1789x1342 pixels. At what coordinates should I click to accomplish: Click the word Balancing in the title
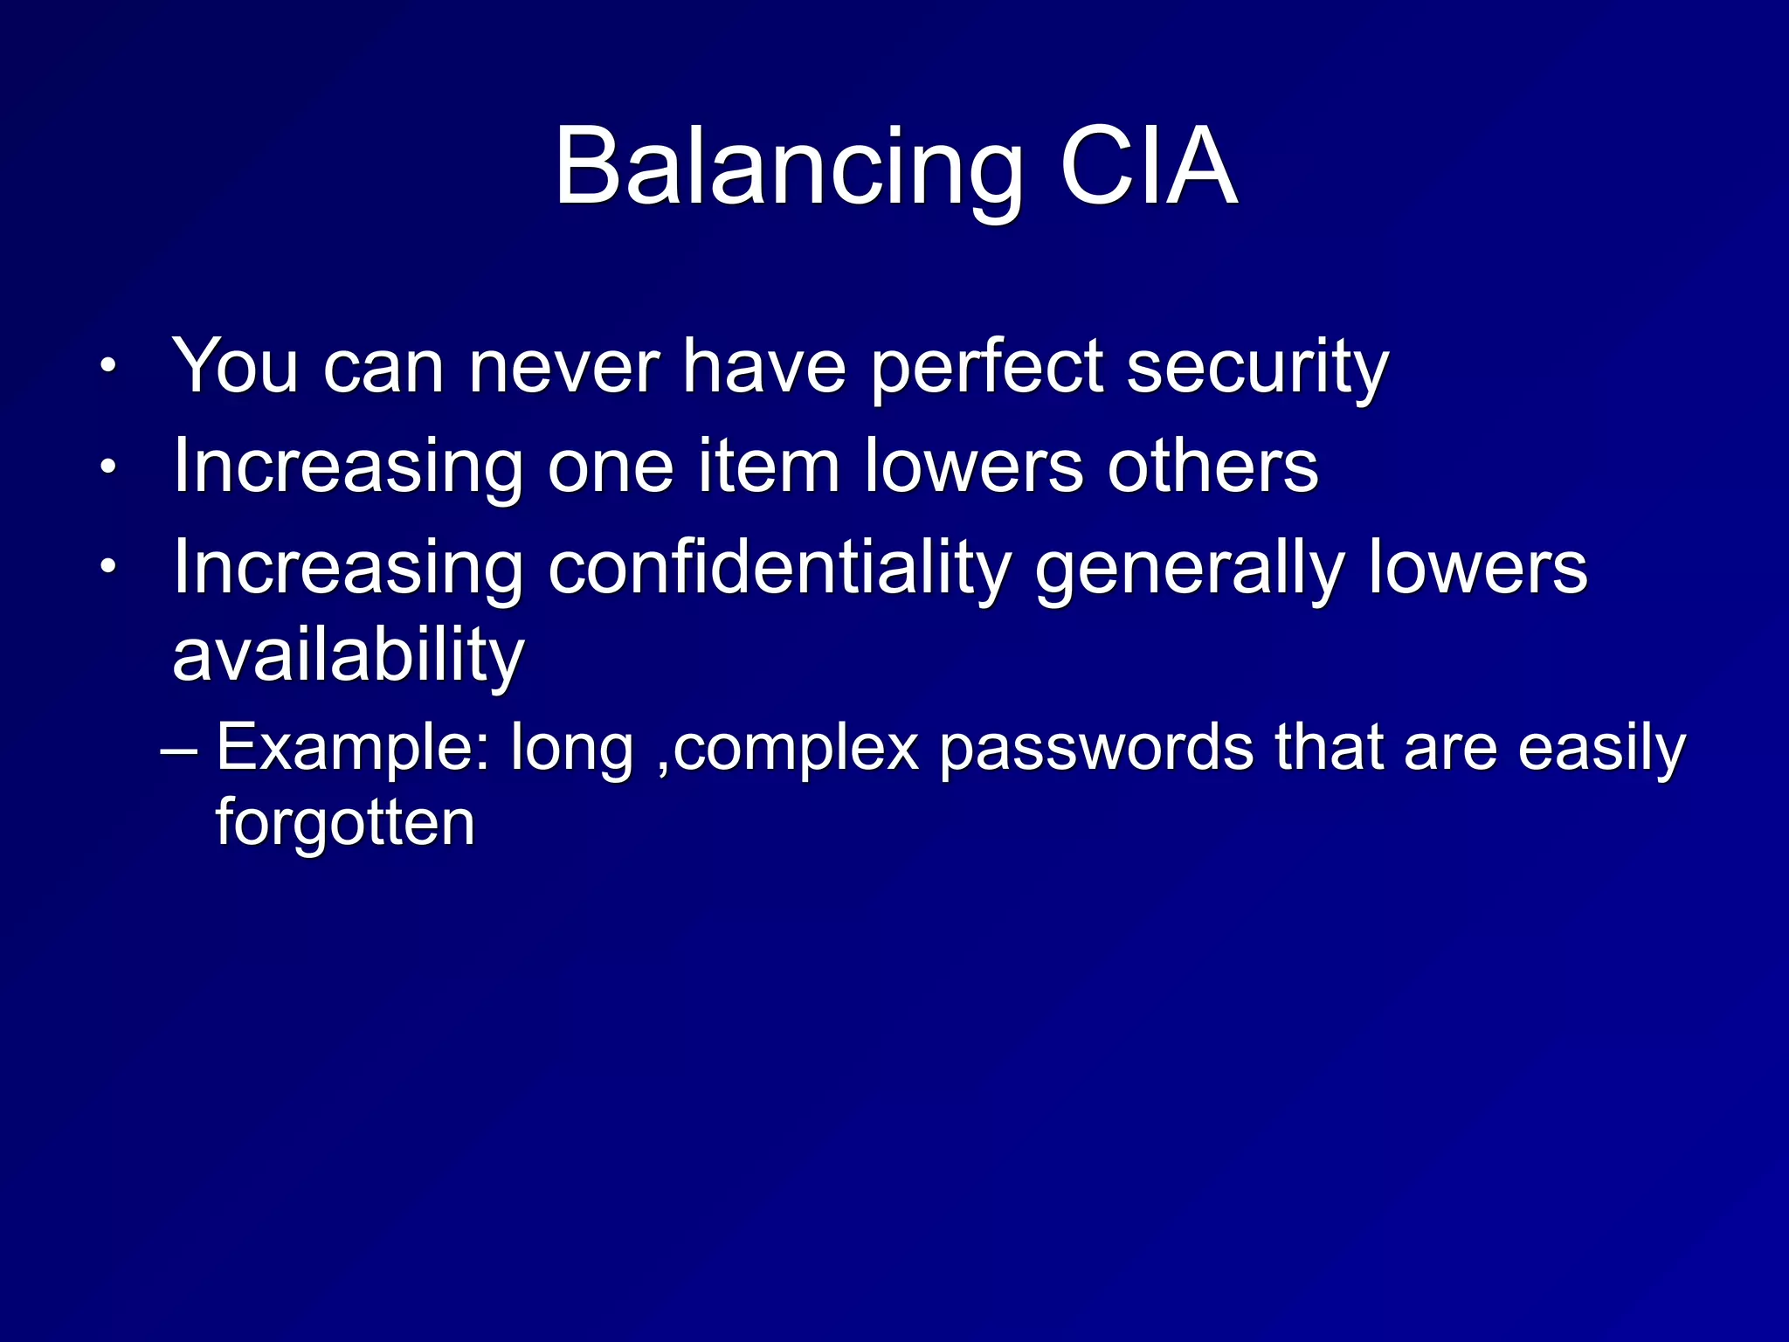788,168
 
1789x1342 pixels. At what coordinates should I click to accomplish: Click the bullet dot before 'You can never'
107,366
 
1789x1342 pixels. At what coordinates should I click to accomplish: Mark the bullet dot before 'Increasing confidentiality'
107,568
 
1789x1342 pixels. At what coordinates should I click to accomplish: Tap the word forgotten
345,823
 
